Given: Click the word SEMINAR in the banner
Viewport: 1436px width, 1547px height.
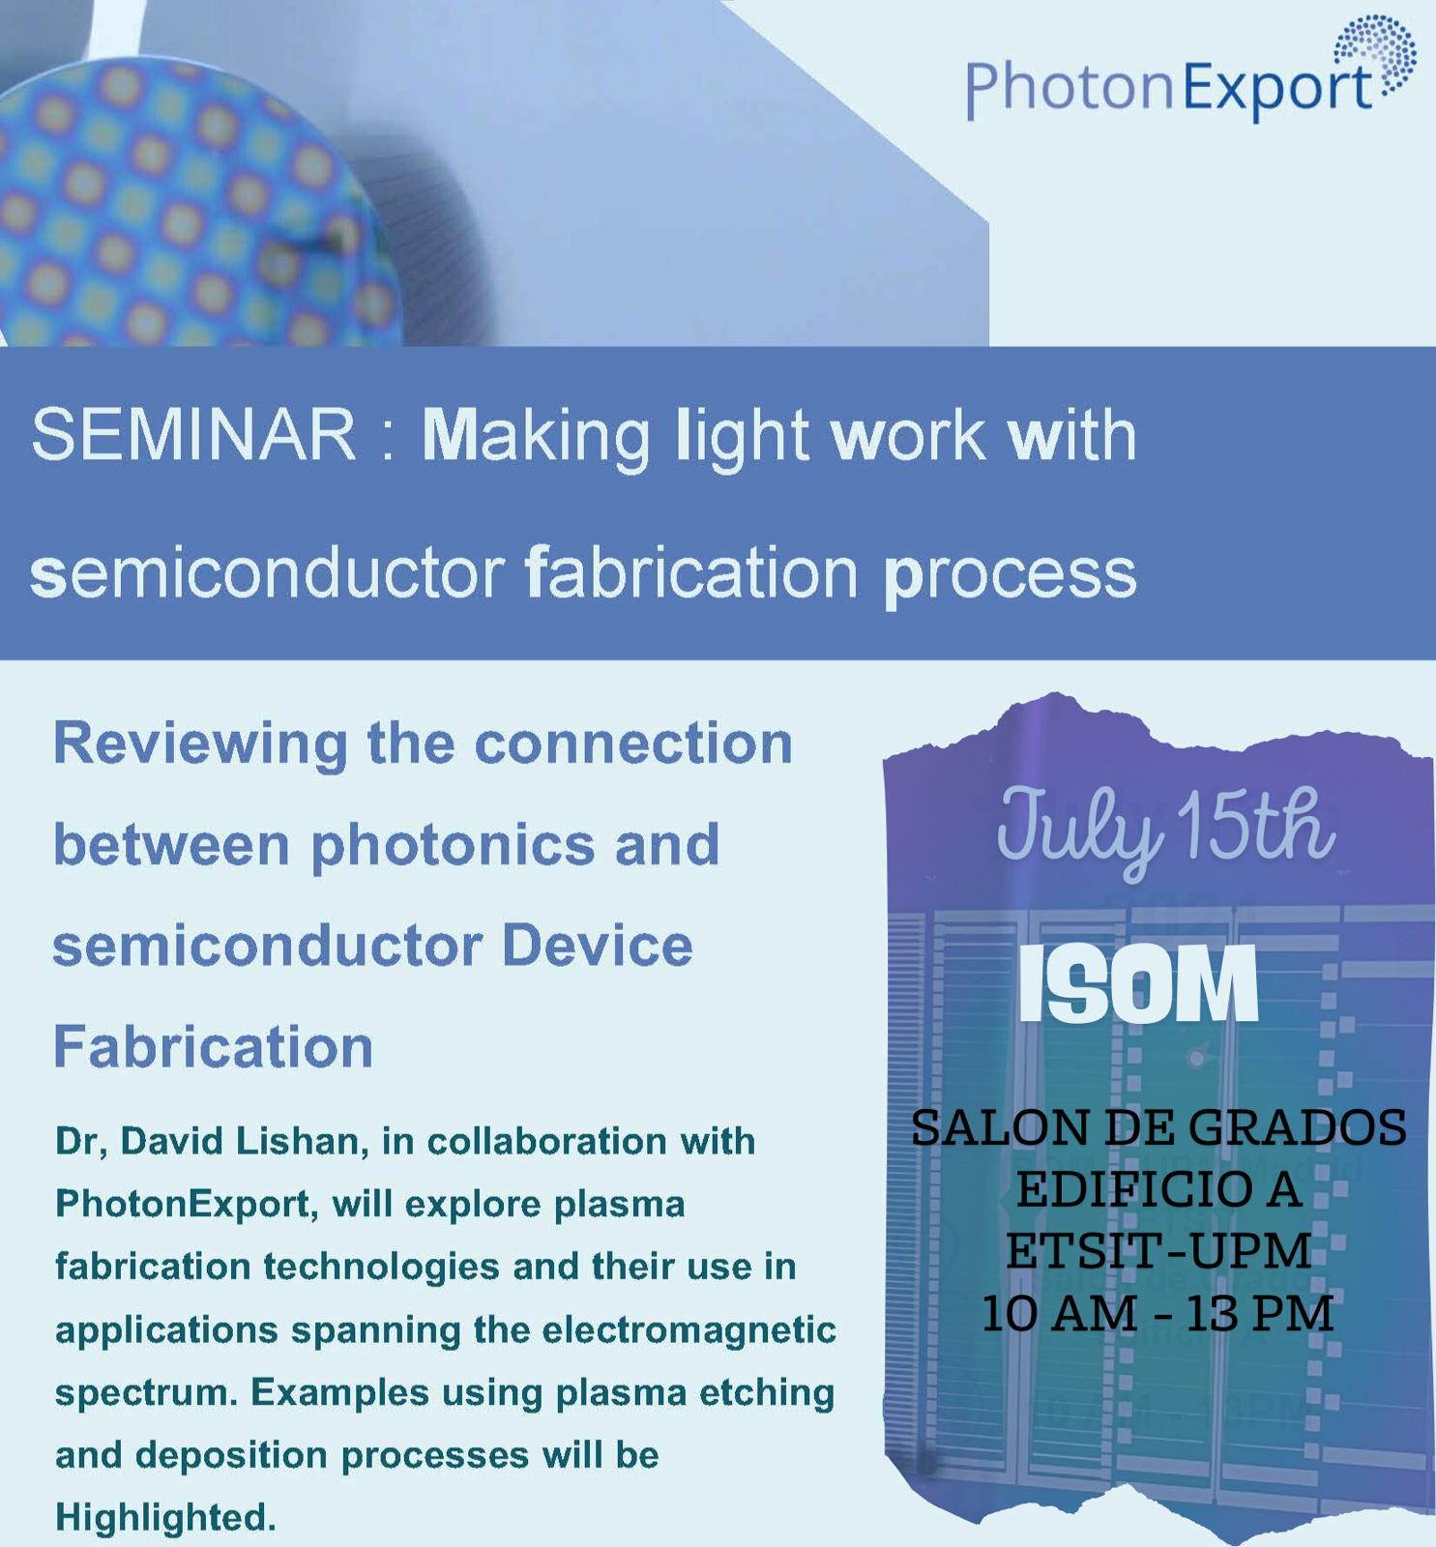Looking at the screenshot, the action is pyautogui.click(x=194, y=435).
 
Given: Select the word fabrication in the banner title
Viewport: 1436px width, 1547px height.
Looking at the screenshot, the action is pyautogui.click(x=692, y=571).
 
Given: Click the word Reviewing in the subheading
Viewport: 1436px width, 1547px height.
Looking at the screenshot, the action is pyautogui.click(x=200, y=745).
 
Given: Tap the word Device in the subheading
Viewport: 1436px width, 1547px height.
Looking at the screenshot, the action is pyautogui.click(x=598, y=945).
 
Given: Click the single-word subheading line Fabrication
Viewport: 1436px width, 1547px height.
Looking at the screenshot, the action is pyautogui.click(x=213, y=1046).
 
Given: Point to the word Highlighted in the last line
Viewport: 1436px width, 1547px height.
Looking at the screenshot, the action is pyautogui.click(x=165, y=1517).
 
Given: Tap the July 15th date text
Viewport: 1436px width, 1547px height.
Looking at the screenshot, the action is pyautogui.click(x=1166, y=828).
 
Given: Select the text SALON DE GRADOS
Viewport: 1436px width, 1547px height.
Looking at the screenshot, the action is pyautogui.click(x=1158, y=1128).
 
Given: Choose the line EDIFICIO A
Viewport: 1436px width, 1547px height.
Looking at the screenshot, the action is pyautogui.click(x=1158, y=1190).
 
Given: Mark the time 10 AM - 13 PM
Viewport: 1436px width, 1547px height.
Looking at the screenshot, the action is pyautogui.click(x=1158, y=1314).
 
